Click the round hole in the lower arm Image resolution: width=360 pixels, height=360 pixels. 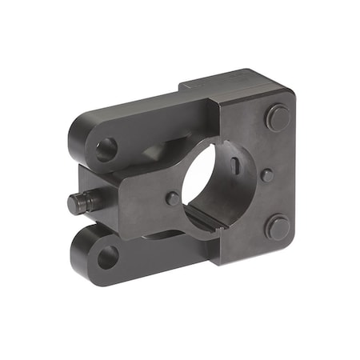coord(107,256)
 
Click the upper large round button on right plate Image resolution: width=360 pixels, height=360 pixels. coord(278,118)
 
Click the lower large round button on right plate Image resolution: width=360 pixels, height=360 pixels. coord(277,227)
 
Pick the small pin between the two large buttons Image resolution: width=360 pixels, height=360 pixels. coord(267,174)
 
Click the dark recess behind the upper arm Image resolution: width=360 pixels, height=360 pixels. coord(160,150)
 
